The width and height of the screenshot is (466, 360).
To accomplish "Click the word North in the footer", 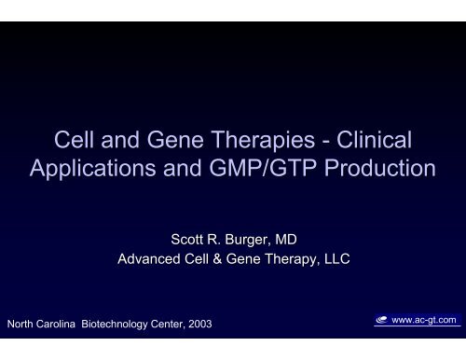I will [x=21, y=325].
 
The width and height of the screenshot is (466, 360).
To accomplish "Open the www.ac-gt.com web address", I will [x=430, y=320].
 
